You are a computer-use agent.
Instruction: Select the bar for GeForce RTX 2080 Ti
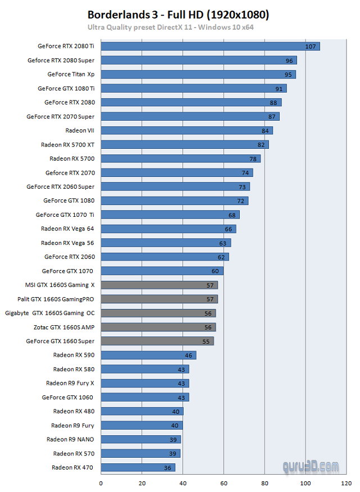coord(210,46)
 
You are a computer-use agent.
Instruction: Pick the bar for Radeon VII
coord(186,130)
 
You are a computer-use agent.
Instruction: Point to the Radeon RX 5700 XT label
coord(67,144)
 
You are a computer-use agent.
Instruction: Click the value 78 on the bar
coord(253,158)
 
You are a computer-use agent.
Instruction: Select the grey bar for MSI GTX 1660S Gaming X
coord(159,285)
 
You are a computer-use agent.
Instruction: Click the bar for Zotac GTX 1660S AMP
coord(158,327)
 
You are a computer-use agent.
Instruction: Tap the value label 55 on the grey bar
coord(206,341)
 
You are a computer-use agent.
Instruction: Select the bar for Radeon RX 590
coord(148,355)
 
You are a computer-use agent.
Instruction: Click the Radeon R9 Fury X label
coord(70,383)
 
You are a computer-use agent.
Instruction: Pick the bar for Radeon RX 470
coord(138,467)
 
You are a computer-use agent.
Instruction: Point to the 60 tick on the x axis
coord(224,482)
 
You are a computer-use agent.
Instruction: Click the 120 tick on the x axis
coord(346,482)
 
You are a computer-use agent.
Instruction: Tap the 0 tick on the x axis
coord(101,482)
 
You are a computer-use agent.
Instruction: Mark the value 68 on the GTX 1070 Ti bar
coord(232,215)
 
